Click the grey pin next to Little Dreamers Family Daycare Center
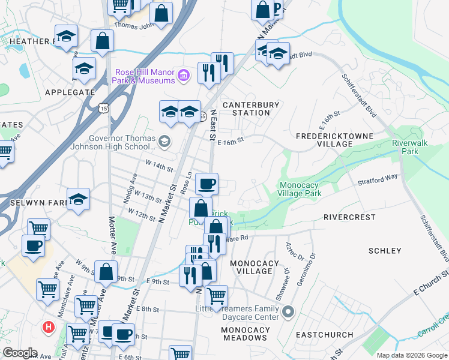pos(288,312)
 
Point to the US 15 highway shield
pos(104,108)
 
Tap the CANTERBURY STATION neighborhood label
pos(251,109)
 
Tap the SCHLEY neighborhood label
pos(384,251)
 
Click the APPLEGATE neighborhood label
pos(70,92)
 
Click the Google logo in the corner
pos(20,353)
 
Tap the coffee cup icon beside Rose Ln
pos(206,184)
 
